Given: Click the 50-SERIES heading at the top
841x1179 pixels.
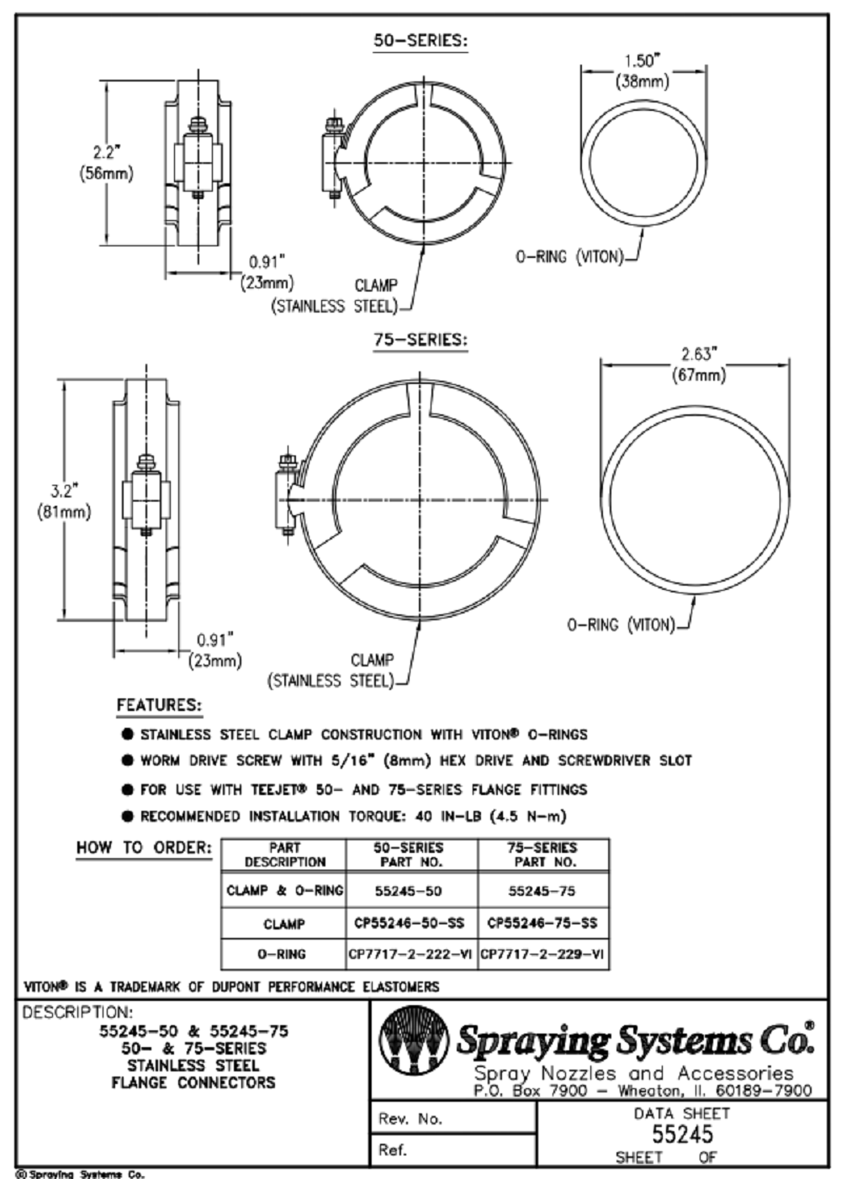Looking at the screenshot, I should pyautogui.click(x=420, y=40).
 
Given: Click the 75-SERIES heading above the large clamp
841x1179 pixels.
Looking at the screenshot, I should pyautogui.click(x=420, y=340).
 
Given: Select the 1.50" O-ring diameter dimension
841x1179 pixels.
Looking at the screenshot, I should pyautogui.click(x=642, y=70).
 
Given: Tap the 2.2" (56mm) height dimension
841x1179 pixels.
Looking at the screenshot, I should pyautogui.click(x=106, y=163).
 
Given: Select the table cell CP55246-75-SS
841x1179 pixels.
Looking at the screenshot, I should pyautogui.click(x=542, y=923).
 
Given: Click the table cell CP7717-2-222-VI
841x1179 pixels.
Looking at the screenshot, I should pyautogui.click(x=411, y=955).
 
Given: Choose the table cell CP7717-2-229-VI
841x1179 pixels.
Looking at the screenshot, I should pyautogui.click(x=542, y=955).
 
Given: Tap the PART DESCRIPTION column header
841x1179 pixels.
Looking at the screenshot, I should pyautogui.click(x=284, y=855).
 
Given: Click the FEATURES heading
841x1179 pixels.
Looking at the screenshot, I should pyautogui.click(x=159, y=705).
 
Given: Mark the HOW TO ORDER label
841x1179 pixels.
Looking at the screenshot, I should pyautogui.click(x=144, y=847).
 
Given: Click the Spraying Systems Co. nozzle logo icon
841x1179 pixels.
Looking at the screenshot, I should pyautogui.click(x=412, y=1043).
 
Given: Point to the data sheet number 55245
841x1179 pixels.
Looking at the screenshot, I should pyautogui.click(x=682, y=1134).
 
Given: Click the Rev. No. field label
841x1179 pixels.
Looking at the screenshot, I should pyautogui.click(x=410, y=1118).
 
